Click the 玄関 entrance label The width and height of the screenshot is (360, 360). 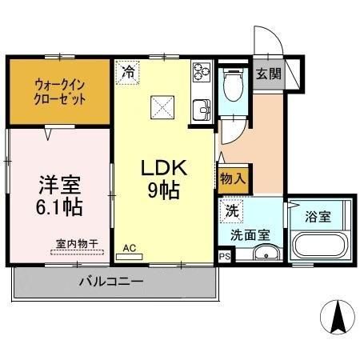[268, 74]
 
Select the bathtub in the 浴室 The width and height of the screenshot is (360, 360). [320, 245]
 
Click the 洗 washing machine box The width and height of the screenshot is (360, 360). [231, 213]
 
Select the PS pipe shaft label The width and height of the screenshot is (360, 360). [224, 256]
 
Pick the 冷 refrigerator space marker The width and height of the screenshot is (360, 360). [128, 71]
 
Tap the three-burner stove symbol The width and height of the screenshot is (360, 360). [200, 76]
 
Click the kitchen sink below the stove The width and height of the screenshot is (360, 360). [200, 108]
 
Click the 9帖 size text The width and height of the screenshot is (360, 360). [162, 190]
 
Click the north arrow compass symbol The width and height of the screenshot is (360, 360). [337, 318]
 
